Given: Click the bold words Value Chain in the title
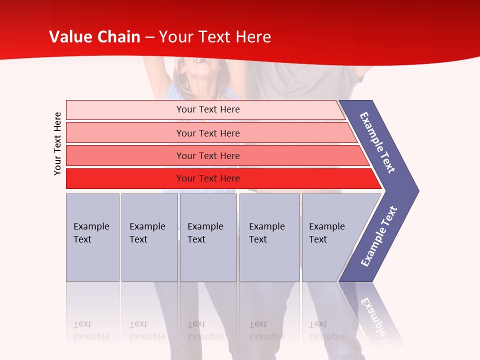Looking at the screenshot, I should pyautogui.click(x=94, y=37).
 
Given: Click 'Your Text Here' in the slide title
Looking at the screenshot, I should pyautogui.click(x=215, y=37).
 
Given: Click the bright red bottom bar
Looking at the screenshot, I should pyautogui.click(x=125, y=178).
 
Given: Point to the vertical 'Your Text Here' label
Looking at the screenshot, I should pyautogui.click(x=57, y=143).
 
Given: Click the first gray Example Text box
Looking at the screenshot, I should pyautogui.click(x=92, y=237).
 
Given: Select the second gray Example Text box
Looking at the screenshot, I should pyautogui.click(x=149, y=237).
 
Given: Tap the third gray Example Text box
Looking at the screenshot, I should pyautogui.click(x=208, y=237).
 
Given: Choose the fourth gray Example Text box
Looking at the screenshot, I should pyautogui.click(x=269, y=237).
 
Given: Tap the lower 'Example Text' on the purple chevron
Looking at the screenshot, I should pyautogui.click(x=379, y=236).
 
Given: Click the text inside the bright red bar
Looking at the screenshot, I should pyautogui.click(x=208, y=178).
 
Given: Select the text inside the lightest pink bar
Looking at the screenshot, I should pyautogui.click(x=208, y=109).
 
